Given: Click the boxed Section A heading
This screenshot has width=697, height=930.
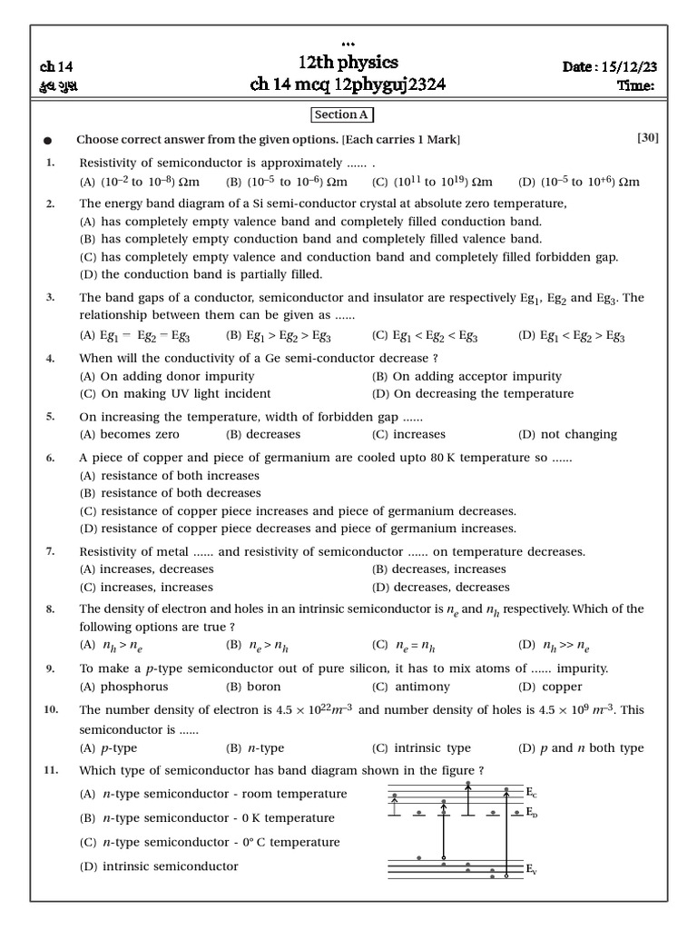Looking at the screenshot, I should point(342,114).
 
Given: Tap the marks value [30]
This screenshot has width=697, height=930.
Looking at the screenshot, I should point(648,138).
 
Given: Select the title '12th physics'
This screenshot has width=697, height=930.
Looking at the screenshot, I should point(348,62).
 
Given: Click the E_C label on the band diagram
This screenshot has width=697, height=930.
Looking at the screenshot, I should point(532,793).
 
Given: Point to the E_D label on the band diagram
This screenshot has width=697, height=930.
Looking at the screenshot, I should point(532,813).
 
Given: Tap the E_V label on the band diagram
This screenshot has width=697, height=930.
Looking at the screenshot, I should point(532,870).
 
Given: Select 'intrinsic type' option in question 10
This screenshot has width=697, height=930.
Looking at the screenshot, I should point(421,748).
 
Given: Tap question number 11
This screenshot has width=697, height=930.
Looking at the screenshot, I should point(50,770).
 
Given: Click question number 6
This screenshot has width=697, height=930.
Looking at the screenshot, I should point(50,459).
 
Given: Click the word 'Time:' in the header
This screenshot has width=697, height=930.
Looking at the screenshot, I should point(636,86).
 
